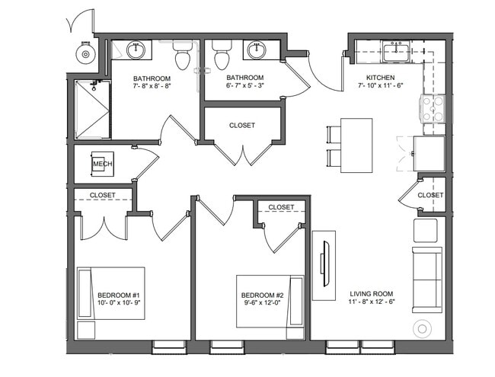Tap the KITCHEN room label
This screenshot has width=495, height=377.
[x=381, y=78]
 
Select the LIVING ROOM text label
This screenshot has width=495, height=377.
[x=371, y=294]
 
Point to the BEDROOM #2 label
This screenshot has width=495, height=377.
[x=262, y=296]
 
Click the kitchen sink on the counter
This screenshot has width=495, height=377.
[x=397, y=53]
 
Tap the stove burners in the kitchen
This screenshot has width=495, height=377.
[x=433, y=109]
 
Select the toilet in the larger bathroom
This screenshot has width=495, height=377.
[x=182, y=56]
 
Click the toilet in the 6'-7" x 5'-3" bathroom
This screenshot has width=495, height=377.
[x=222, y=56]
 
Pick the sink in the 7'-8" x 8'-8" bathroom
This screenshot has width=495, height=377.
[x=136, y=51]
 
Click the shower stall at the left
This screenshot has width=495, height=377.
[x=92, y=110]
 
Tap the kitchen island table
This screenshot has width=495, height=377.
[x=356, y=145]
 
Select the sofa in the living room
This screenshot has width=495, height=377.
[x=426, y=279]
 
